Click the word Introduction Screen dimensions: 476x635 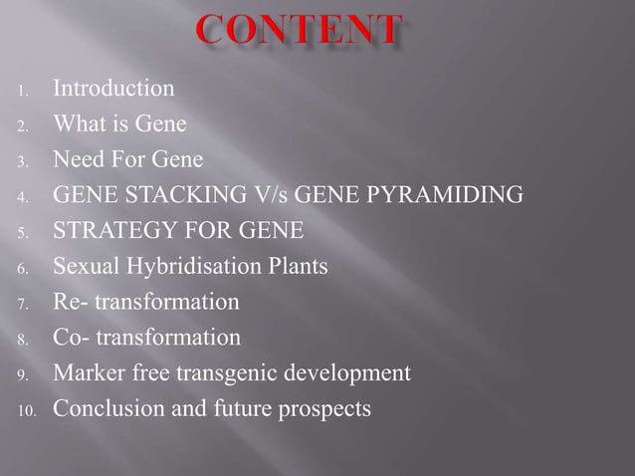pyautogui.click(x=113, y=89)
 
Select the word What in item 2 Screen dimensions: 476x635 pyautogui.click(x=79, y=124)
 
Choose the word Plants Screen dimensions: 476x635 pyautogui.click(x=297, y=267)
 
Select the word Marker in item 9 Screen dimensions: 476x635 pyautogui.click(x=87, y=373)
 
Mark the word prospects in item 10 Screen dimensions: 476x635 pyautogui.click(x=325, y=409)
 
